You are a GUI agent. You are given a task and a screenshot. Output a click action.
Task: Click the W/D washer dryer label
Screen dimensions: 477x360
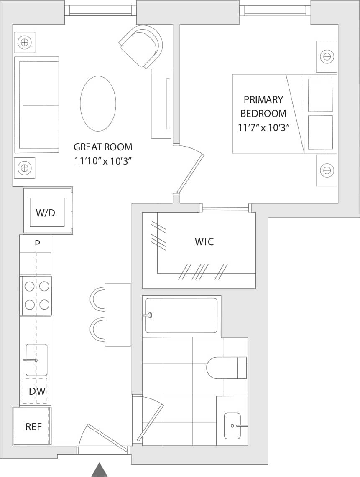(45, 213)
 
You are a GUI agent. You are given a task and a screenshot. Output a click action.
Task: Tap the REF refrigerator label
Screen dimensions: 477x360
(33, 427)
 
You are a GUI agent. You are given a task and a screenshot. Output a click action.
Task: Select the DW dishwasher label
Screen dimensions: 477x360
(37, 391)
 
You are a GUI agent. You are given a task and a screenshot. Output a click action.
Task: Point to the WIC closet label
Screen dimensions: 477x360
(204, 242)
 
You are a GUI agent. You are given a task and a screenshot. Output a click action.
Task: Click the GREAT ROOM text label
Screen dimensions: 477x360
(103, 147)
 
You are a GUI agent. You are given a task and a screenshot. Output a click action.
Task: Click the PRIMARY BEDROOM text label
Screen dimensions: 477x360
(263, 107)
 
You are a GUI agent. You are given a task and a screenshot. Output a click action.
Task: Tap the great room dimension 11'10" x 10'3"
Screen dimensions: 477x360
(103, 161)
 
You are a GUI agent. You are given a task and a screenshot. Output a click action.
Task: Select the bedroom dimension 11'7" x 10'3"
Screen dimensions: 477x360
(263, 128)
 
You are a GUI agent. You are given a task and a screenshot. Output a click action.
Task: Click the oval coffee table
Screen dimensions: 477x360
(98, 104)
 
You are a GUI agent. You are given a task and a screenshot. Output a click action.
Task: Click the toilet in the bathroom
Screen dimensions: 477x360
(226, 368)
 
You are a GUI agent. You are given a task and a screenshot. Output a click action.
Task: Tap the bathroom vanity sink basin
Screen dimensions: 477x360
(232, 426)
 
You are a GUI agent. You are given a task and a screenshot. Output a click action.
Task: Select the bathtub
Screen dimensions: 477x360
(181, 315)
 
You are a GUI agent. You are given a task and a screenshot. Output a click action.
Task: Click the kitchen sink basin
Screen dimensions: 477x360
(36, 360)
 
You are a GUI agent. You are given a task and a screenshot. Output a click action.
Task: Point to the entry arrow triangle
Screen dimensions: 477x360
(100, 470)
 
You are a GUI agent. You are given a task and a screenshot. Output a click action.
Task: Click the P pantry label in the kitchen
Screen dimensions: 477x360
(37, 244)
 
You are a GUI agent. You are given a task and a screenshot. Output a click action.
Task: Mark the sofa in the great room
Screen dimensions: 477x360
(36, 105)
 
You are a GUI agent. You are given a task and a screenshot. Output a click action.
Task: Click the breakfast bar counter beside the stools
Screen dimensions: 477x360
(118, 315)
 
